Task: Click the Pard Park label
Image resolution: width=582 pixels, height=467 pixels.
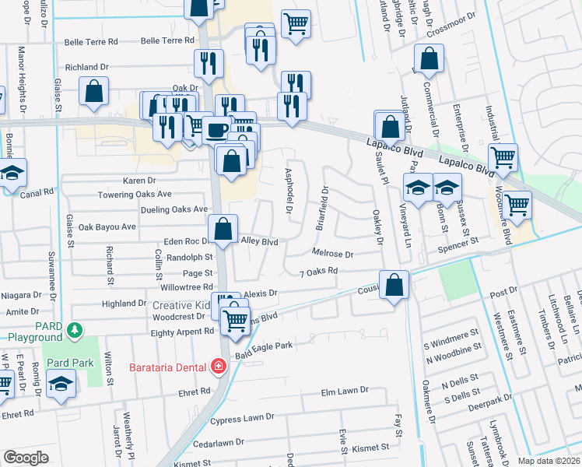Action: click(x=68, y=363)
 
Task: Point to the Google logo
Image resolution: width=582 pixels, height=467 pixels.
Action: click(x=26, y=458)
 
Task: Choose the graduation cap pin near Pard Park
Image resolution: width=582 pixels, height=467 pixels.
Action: click(x=60, y=384)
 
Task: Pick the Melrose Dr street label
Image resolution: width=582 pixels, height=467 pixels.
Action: click(x=332, y=254)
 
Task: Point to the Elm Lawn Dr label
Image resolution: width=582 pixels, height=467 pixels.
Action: click(x=344, y=392)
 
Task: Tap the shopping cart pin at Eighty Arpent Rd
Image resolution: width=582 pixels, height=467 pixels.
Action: click(x=234, y=320)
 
